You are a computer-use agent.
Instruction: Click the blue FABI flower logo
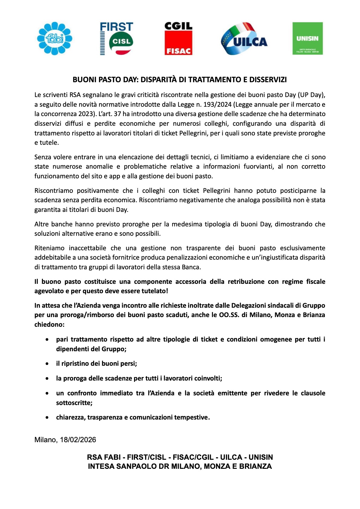click(x=55, y=38)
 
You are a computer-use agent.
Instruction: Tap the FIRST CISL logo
click(x=117, y=38)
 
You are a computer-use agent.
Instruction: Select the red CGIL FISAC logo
click(x=178, y=38)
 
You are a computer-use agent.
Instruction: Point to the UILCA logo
click(x=244, y=39)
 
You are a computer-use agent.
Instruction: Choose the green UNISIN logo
click(x=307, y=38)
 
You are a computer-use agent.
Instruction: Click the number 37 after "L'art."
click(x=117, y=114)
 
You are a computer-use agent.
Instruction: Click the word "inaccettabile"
click(x=88, y=248)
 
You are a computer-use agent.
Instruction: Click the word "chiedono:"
click(x=50, y=325)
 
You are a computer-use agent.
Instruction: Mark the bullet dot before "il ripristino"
click(x=47, y=364)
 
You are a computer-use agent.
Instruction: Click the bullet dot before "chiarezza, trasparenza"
click(x=47, y=417)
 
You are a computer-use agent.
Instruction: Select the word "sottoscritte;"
click(x=74, y=403)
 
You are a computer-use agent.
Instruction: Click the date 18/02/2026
click(x=78, y=440)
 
